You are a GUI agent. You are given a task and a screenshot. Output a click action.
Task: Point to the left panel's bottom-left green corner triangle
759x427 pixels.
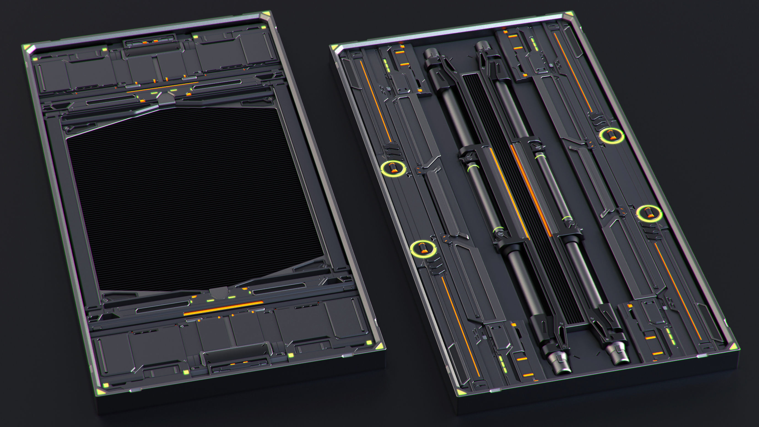99,391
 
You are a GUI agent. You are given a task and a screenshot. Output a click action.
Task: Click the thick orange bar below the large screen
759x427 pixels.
223,308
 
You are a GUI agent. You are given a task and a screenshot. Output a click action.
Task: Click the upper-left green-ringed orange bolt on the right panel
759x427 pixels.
393,168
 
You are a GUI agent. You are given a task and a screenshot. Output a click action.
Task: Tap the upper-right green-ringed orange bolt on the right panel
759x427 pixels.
612,135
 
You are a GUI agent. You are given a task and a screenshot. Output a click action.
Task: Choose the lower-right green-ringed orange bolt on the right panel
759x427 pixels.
649,213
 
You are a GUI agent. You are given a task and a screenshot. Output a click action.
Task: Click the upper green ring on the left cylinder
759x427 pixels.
472,168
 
